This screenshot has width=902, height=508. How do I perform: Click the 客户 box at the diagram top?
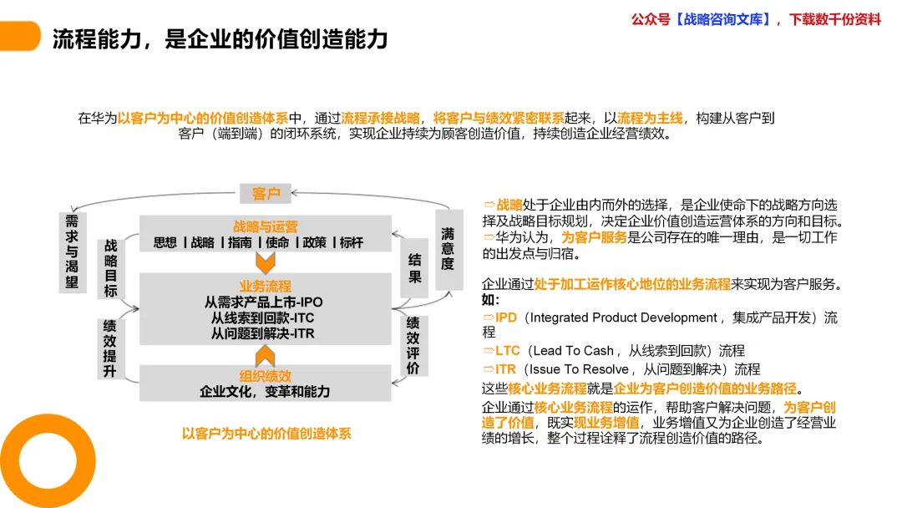coord(266,194)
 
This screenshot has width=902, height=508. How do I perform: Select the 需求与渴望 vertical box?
coord(73,251)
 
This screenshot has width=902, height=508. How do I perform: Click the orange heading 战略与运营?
coord(266,226)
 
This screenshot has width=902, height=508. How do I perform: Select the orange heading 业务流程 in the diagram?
coord(266,286)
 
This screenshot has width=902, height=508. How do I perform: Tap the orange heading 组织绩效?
coord(266,376)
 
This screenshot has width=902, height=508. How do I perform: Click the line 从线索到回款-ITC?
coord(263,318)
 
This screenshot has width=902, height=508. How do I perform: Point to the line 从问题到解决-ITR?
coord(263,334)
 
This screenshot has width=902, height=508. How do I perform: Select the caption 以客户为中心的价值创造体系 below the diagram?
coord(266,434)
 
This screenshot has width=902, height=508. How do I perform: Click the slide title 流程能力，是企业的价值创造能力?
coord(220,38)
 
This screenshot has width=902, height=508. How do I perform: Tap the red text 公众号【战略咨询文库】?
coord(702,19)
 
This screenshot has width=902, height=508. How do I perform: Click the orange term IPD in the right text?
coord(505,317)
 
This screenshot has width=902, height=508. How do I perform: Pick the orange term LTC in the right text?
coord(507,351)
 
